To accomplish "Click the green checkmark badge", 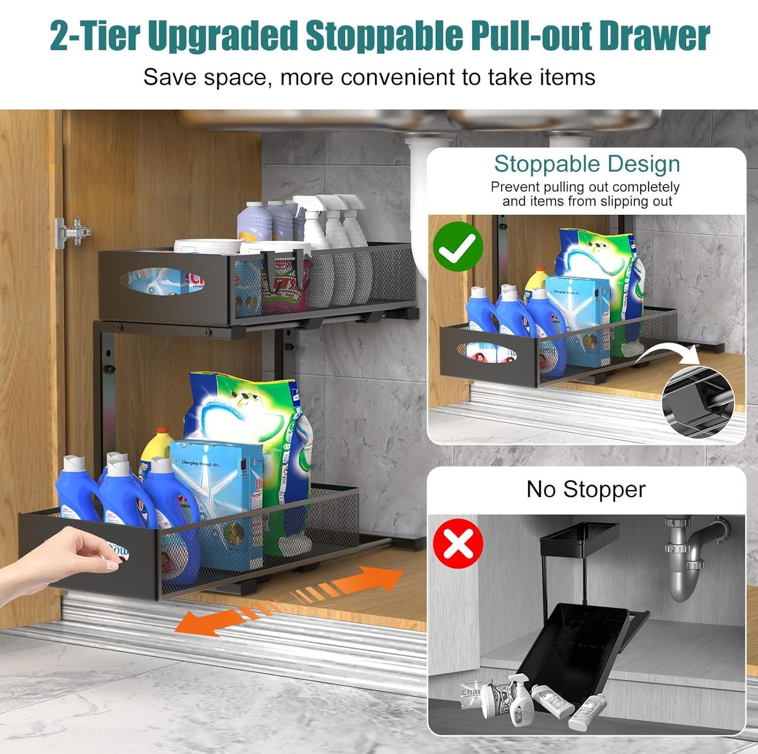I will [458, 247].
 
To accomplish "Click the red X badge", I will [458, 543].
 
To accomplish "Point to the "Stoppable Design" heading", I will [587, 164].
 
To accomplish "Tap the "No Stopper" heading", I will [586, 489].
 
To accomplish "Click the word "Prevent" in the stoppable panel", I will [515, 187].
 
